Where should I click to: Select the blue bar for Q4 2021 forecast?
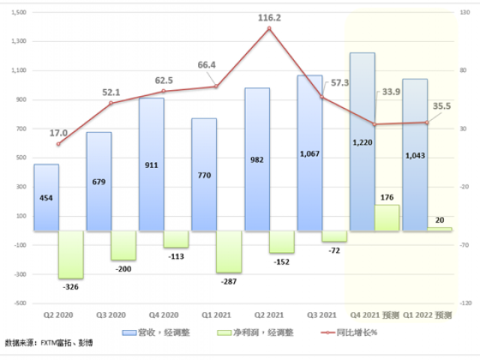point(361,142)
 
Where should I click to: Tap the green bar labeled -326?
point(70,255)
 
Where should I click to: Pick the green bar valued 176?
point(387,218)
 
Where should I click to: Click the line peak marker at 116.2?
point(268,28)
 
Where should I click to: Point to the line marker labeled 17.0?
point(58,143)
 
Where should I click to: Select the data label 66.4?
point(207,65)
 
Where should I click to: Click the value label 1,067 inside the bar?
point(309,154)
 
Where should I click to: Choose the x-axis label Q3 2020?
point(110,314)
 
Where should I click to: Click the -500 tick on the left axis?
point(20,303)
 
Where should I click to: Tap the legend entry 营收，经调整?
point(166,331)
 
